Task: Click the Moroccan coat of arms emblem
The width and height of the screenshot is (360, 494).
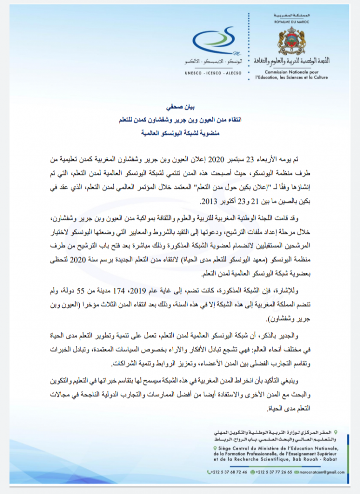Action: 291,40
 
